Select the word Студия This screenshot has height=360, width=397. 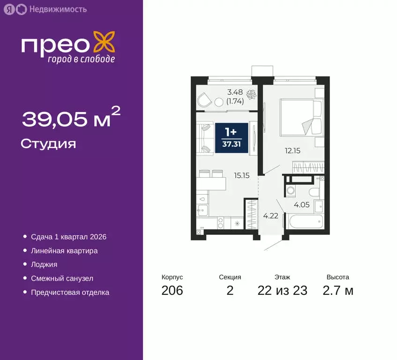(48, 143)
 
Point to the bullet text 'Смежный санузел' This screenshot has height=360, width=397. (62, 278)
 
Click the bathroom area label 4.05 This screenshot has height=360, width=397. (302, 204)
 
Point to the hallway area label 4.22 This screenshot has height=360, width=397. (269, 216)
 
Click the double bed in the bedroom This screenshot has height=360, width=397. (300, 117)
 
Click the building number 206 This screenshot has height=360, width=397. (172, 291)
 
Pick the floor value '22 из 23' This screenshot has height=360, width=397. (282, 291)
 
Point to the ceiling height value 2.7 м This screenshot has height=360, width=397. (338, 291)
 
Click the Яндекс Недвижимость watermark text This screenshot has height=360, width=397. (51, 9)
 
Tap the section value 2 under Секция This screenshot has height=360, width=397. (230, 291)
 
